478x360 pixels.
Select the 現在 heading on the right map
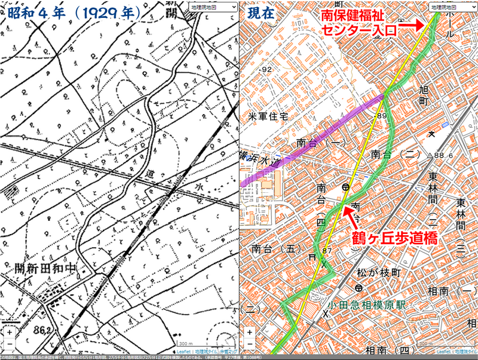click(261, 12)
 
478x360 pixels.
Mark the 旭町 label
click(424, 94)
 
